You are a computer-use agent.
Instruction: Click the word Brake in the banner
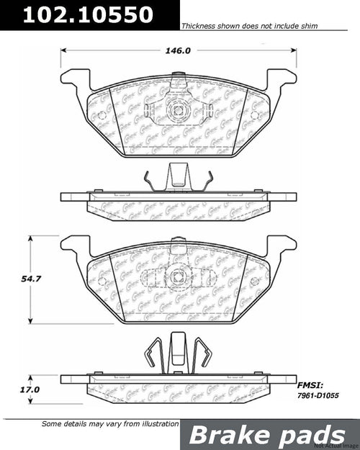[232, 434]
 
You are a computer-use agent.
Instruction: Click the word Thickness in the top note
[199, 24]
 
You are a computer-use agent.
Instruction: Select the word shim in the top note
[306, 24]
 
